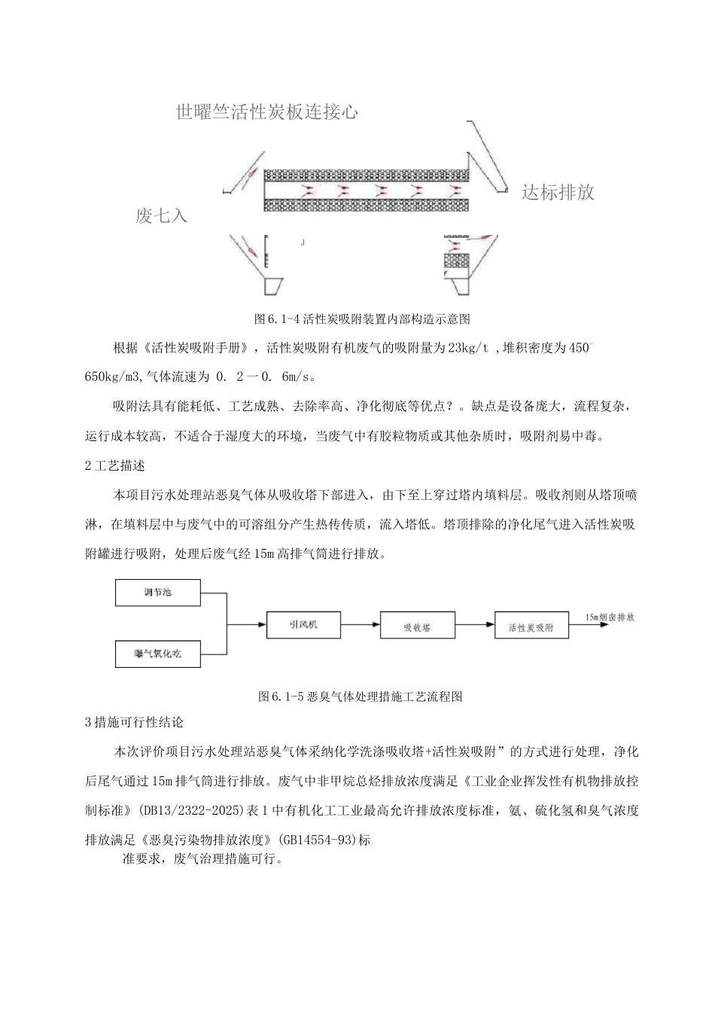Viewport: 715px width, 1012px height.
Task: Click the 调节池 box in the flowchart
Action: (x=157, y=592)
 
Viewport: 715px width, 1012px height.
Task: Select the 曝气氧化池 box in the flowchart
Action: (x=157, y=654)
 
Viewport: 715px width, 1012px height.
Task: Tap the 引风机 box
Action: (x=303, y=624)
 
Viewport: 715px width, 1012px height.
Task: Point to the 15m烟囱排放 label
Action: (x=610, y=617)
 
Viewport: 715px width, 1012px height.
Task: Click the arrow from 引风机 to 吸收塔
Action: (x=360, y=624)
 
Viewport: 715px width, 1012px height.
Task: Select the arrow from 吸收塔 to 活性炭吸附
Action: (x=474, y=625)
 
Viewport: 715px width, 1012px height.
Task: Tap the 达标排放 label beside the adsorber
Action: (x=558, y=192)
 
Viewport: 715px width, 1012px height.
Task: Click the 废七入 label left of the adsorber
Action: (x=161, y=217)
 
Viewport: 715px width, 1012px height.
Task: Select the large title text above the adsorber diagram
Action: (x=266, y=113)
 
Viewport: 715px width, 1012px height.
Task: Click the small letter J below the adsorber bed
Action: (x=302, y=242)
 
